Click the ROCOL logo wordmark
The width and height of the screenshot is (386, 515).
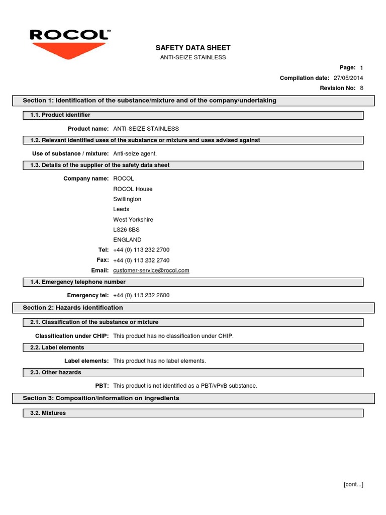tap(69, 35)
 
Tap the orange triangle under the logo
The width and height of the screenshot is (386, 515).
tap(69, 51)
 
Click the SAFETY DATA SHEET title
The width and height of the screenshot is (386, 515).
tap(193, 48)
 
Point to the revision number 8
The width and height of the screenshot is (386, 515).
tap(361, 88)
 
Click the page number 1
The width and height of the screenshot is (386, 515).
tap(361, 68)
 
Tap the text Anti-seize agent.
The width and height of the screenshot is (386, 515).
tap(138, 153)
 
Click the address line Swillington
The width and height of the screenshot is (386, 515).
tap(127, 199)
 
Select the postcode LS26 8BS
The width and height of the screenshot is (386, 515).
tap(126, 230)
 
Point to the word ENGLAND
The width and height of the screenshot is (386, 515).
tap(127, 240)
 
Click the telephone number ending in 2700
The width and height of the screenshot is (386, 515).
tap(141, 250)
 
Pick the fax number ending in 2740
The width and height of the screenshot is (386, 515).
tap(141, 261)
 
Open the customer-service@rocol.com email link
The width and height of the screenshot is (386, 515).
tap(151, 271)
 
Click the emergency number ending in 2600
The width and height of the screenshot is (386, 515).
tap(141, 295)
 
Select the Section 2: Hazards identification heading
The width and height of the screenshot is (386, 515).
tap(73, 308)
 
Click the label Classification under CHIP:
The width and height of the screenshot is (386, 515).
tap(72, 336)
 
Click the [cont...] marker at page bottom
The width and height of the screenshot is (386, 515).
tap(353, 484)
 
